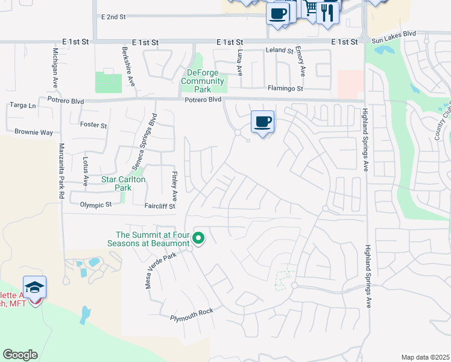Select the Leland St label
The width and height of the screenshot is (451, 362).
pyautogui.click(x=279, y=51)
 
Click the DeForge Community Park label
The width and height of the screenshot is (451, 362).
pyautogui.click(x=203, y=77)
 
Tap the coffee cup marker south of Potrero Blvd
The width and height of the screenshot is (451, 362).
pyautogui.click(x=262, y=122)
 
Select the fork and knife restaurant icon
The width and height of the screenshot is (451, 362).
pyautogui.click(x=327, y=11)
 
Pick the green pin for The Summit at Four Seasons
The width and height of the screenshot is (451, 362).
pyautogui.click(x=198, y=239)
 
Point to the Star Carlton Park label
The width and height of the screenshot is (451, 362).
pyautogui.click(x=124, y=183)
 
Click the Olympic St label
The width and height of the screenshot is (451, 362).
pyautogui.click(x=96, y=205)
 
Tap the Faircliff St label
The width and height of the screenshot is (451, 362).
pyautogui.click(x=159, y=206)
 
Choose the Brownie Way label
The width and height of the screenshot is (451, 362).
pyautogui.click(x=34, y=132)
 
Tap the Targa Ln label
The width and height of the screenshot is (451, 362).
pyautogui.click(x=23, y=105)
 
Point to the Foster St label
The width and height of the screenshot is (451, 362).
pyautogui.click(x=93, y=125)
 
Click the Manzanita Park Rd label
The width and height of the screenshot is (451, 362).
pyautogui.click(x=61, y=171)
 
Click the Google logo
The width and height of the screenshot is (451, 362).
pyautogui.click(x=20, y=355)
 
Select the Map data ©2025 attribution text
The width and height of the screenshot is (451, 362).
pyautogui.click(x=426, y=357)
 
